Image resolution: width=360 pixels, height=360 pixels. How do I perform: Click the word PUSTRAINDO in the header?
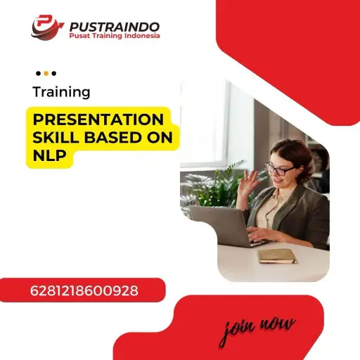[x=114, y=27]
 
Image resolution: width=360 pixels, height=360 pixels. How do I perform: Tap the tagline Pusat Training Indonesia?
[x=114, y=37]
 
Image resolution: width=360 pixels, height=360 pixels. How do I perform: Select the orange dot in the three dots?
[x=46, y=73]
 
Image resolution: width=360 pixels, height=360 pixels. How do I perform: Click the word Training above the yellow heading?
[x=61, y=92]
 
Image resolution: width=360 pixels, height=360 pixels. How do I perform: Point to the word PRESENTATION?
[x=98, y=119]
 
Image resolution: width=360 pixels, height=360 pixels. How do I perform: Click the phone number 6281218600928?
[x=84, y=290]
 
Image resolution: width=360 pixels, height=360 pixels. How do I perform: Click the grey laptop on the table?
[x=219, y=225]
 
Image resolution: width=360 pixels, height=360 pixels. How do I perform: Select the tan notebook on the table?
[x=277, y=256]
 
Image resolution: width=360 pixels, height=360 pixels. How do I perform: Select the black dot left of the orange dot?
[x=37, y=73]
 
